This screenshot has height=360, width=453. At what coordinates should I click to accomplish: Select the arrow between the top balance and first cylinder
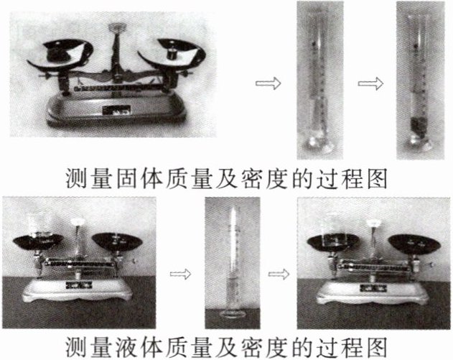click(x=268, y=83)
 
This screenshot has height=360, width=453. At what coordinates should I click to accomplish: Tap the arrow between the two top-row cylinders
click(x=370, y=83)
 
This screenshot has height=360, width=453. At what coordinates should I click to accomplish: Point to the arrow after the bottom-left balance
click(x=181, y=274)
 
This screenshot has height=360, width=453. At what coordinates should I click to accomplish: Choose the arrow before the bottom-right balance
click(x=279, y=274)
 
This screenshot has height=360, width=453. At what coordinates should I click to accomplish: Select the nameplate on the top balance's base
click(x=117, y=110)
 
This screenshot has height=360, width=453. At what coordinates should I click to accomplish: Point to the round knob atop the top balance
click(x=117, y=28)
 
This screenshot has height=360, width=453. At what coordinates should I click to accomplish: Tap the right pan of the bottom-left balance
click(x=117, y=241)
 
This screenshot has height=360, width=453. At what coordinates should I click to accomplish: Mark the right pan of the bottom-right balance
click(x=414, y=244)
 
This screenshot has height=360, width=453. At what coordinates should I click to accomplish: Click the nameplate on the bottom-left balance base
click(x=79, y=285)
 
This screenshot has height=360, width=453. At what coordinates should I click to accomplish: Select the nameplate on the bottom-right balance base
click(x=373, y=287)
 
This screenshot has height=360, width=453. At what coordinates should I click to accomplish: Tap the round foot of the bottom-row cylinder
click(x=233, y=314)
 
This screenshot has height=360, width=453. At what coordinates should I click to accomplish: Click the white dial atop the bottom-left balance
click(x=78, y=222)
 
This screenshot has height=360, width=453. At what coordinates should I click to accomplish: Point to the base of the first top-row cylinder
click(x=318, y=144)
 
